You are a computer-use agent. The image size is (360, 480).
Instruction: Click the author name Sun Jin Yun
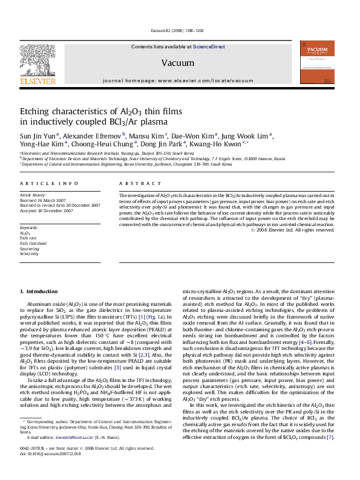click(x=38, y=135)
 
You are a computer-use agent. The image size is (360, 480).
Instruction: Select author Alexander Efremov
click(x=93, y=135)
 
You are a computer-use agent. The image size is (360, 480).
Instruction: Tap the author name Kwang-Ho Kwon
click(x=223, y=144)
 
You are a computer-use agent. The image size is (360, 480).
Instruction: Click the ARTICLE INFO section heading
click(x=49, y=183)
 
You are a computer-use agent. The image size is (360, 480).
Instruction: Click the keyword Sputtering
click(x=30, y=248)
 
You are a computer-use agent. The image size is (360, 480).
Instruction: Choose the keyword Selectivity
click(x=30, y=254)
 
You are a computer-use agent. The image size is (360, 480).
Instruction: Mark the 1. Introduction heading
click(x=39, y=292)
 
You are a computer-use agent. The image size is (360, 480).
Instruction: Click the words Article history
click(x=33, y=195)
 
